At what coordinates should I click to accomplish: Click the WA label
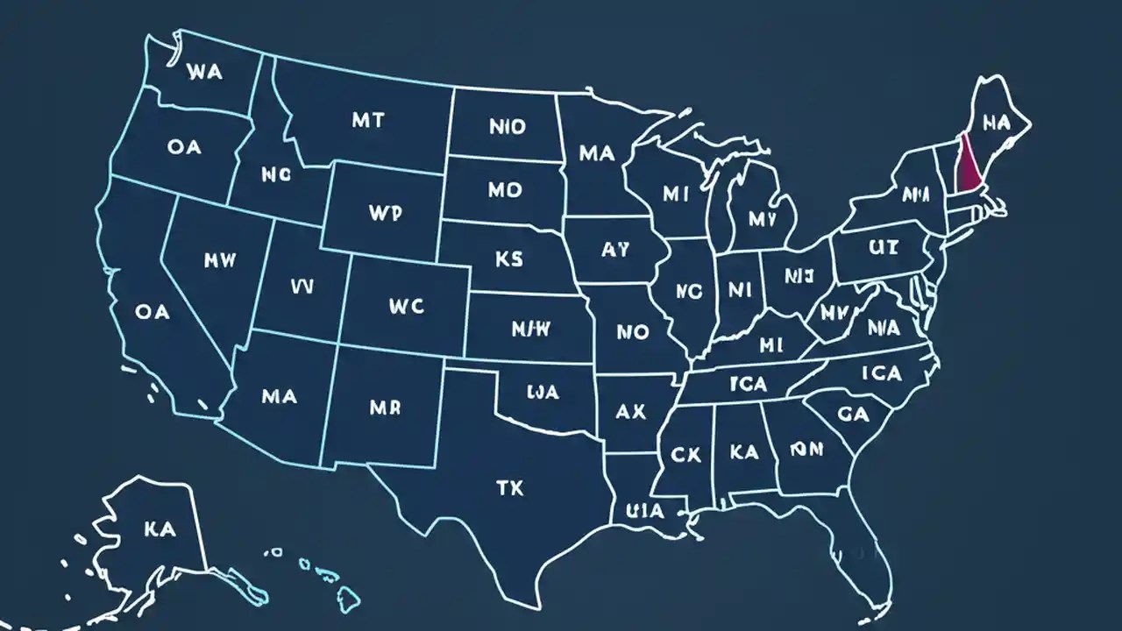205,73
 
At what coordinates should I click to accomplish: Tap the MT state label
367,121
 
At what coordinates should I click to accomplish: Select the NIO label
507,127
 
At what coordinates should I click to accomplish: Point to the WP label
386,213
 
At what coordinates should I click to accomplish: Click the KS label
508,259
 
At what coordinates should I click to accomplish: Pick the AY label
615,250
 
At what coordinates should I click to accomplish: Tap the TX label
509,488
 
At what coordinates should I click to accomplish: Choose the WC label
405,306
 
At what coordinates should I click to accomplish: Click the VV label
302,286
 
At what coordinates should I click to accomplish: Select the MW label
219,260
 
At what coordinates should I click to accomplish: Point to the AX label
630,411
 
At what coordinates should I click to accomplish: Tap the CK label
686,454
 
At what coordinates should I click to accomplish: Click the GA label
853,415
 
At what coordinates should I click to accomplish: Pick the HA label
997,124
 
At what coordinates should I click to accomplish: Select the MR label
385,408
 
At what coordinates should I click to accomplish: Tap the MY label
763,219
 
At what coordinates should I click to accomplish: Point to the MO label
505,190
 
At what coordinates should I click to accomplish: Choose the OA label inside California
153,311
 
